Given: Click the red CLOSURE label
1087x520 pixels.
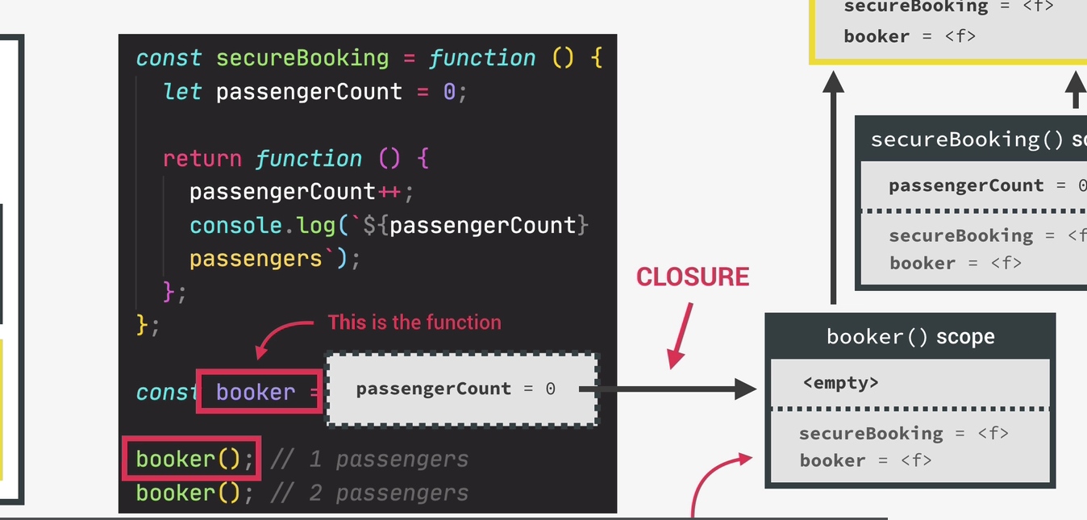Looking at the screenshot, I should coord(693,277).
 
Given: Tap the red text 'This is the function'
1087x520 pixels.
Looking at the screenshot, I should coord(414,322).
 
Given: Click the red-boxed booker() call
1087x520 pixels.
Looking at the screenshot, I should coord(191,459).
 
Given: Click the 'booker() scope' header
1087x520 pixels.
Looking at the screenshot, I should coord(910,336).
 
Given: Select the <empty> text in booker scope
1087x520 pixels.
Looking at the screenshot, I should coord(840,382).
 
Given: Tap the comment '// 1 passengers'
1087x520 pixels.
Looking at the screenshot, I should coord(369,460).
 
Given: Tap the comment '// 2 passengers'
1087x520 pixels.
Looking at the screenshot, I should coord(369,493).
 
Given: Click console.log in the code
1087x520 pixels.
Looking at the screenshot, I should coord(262,225).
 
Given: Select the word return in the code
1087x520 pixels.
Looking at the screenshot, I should coord(202,158).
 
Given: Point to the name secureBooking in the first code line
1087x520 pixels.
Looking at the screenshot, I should coord(302,58).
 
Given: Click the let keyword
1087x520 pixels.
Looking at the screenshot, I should coord(181,91).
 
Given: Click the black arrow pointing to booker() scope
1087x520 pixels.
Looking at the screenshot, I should coord(669,390).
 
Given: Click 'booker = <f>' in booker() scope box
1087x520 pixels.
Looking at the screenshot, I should coord(864,460).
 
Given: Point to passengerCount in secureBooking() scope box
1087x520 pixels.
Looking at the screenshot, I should coord(965,185).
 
